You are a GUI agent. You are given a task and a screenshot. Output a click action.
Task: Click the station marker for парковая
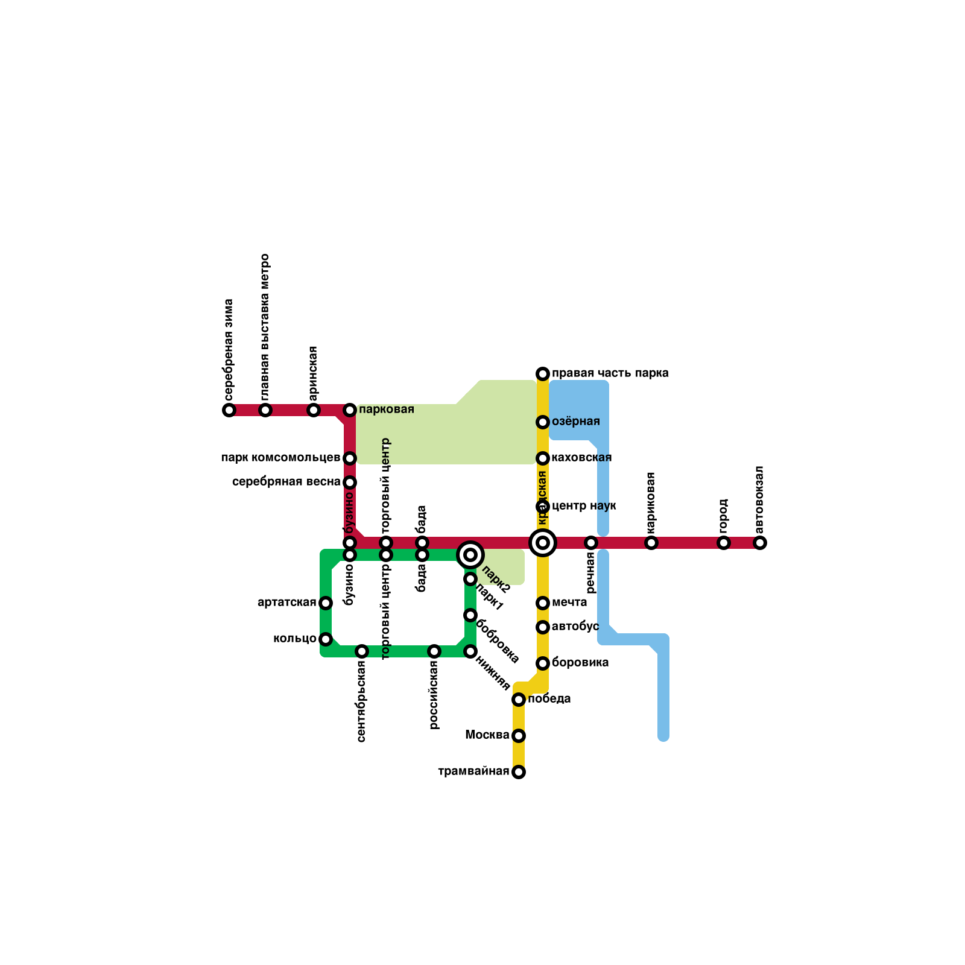350,410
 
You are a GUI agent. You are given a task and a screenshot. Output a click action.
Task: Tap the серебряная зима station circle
229,410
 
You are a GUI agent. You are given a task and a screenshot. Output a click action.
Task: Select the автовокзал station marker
760,543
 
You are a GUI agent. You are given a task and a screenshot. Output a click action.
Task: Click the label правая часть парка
610,373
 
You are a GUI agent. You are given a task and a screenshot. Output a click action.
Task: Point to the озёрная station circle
543,422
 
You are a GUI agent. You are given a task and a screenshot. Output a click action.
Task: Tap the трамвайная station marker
519,772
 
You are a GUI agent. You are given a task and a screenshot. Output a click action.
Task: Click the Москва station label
487,735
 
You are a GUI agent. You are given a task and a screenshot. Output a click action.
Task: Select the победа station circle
519,700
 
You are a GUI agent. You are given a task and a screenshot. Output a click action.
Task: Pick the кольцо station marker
326,639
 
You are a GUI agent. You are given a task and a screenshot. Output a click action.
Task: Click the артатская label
287,603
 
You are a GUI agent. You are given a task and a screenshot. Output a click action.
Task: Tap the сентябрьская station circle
362,651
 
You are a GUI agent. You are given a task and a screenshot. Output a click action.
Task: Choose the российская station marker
434,651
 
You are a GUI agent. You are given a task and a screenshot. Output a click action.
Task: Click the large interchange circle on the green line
470,555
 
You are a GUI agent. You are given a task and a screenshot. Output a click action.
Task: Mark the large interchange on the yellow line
543,543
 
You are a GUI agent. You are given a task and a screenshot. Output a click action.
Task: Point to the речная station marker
591,543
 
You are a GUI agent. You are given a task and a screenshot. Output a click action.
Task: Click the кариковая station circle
651,543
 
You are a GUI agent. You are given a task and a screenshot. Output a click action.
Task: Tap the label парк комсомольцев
280,458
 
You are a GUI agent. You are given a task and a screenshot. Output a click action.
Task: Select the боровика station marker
543,663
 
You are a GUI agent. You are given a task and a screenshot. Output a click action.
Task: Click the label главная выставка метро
265,329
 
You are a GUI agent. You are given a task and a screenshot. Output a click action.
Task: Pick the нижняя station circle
470,651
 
